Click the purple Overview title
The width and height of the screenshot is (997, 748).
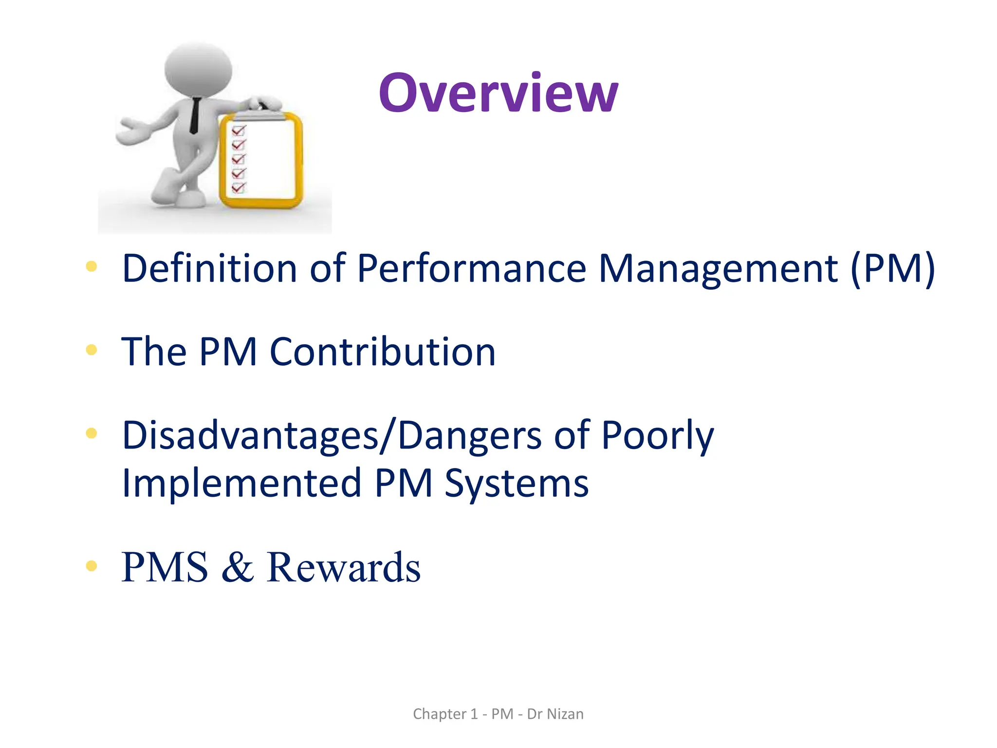(x=498, y=93)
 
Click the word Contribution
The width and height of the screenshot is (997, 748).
(x=382, y=352)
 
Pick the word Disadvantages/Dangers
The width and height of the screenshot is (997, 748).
(x=331, y=435)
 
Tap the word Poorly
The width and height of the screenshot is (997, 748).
(x=657, y=435)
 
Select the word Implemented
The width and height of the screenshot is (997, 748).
(x=241, y=483)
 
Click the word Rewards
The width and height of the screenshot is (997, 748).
(x=343, y=567)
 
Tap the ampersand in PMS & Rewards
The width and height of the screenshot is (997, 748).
(x=238, y=567)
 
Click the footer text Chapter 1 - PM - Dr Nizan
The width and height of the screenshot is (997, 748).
(x=498, y=714)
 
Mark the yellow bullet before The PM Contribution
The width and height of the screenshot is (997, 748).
(x=91, y=350)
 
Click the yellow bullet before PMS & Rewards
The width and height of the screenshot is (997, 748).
(x=91, y=565)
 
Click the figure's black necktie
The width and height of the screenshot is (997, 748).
(x=195, y=115)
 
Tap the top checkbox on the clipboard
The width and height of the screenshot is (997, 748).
(x=239, y=131)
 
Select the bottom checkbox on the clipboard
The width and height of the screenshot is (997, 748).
(x=239, y=187)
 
